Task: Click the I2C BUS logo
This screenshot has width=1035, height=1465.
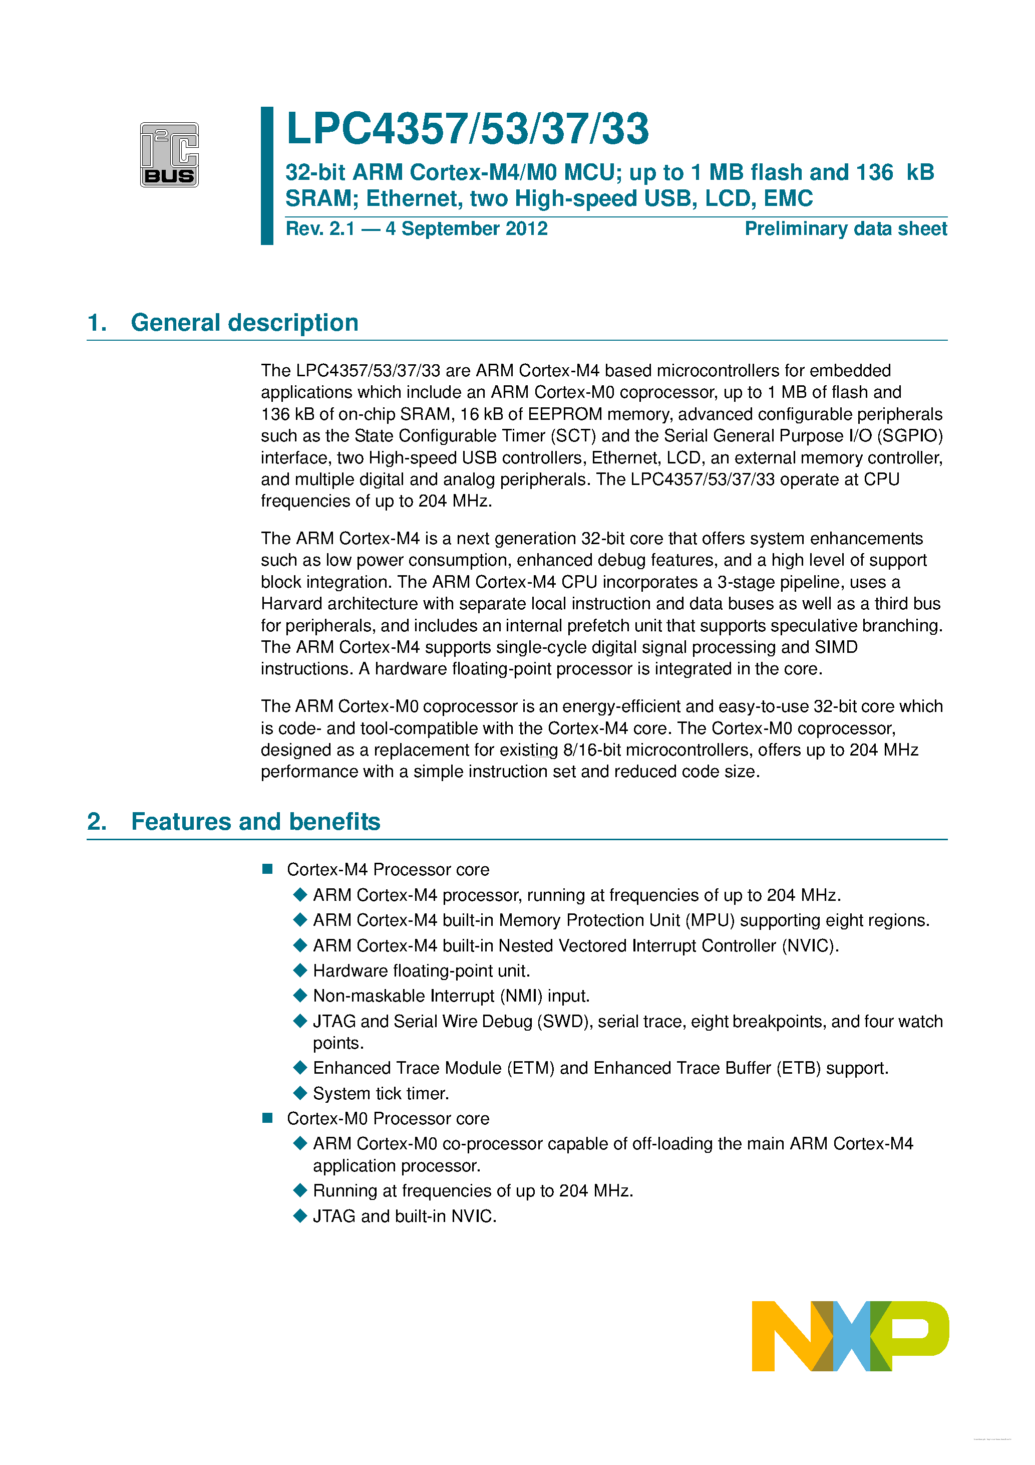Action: click(169, 154)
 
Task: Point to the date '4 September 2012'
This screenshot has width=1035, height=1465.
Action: click(466, 228)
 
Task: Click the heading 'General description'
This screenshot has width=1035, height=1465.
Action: click(244, 323)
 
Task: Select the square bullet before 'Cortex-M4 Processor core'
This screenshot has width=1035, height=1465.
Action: click(268, 869)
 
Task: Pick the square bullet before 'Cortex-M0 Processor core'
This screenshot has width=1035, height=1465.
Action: click(268, 1118)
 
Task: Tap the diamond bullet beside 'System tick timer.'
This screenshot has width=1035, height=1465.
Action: click(300, 1093)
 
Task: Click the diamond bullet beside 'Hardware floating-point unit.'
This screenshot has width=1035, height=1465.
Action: click(300, 970)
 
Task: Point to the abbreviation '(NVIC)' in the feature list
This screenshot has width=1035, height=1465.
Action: click(810, 945)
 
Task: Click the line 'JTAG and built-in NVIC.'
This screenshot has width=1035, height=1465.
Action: click(404, 1216)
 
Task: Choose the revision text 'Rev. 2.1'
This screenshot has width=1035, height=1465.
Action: click(320, 228)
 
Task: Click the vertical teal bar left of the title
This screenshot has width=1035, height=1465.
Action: click(267, 175)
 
